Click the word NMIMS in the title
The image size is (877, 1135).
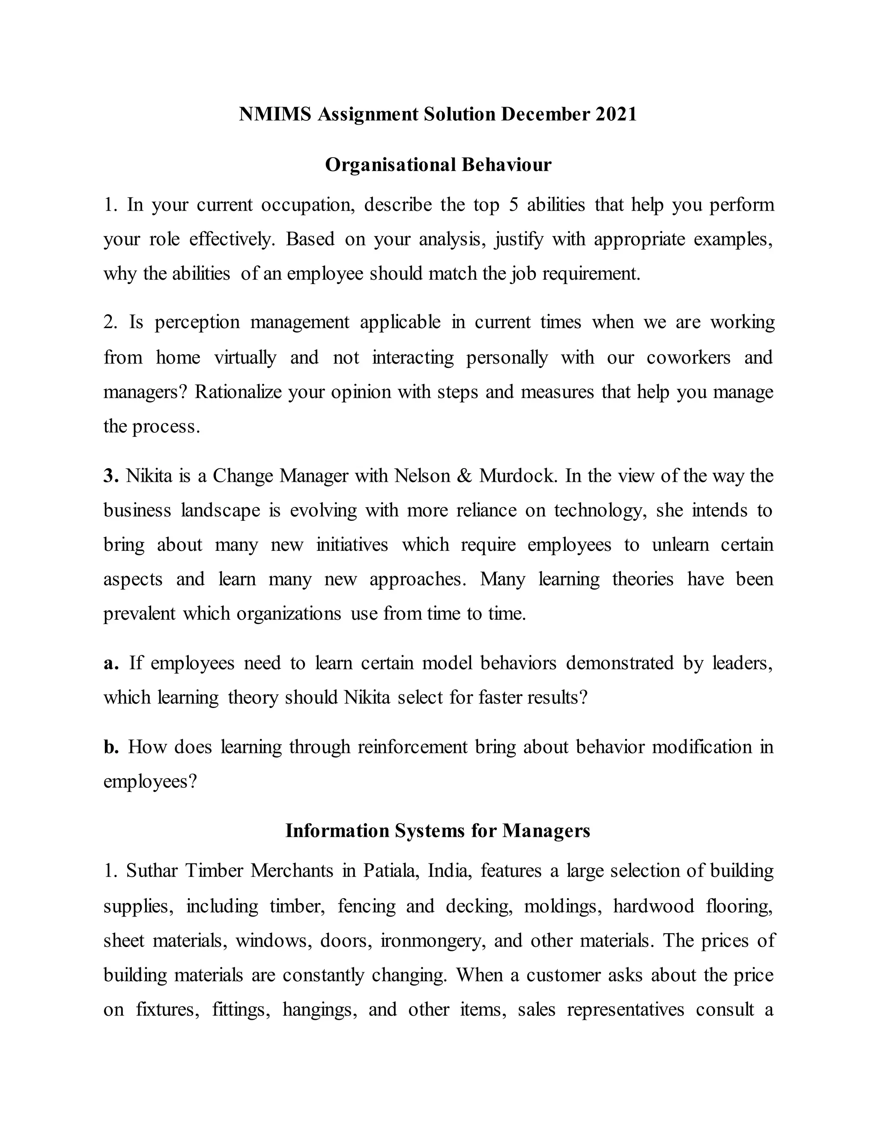pyautogui.click(x=275, y=114)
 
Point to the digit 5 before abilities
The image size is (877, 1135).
pyautogui.click(x=513, y=205)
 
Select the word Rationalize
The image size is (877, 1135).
pyautogui.click(x=238, y=392)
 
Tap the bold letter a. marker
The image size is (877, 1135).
pyautogui.click(x=110, y=663)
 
